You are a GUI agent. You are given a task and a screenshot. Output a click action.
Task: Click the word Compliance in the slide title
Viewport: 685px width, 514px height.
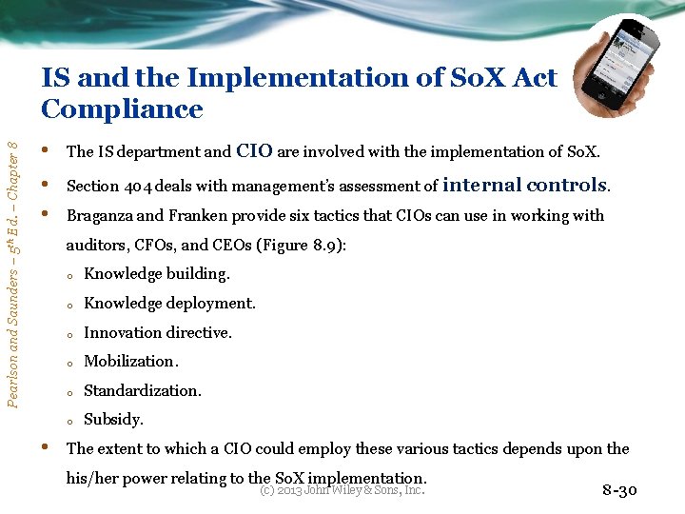[x=122, y=109]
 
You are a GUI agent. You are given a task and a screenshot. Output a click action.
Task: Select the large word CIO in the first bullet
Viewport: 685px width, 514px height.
[x=254, y=149]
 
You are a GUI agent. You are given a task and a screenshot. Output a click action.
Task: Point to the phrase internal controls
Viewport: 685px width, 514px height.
[x=525, y=185]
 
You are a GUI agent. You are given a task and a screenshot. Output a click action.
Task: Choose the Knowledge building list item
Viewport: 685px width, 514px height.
[x=156, y=274]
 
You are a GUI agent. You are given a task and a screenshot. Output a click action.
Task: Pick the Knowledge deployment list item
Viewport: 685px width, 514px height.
[x=169, y=304]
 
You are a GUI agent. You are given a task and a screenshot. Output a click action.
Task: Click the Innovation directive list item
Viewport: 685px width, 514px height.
[x=157, y=333]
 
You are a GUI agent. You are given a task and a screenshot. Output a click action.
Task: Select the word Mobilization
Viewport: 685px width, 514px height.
[x=130, y=362]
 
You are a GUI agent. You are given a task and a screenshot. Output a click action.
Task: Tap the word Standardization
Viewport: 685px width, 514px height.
[x=143, y=391]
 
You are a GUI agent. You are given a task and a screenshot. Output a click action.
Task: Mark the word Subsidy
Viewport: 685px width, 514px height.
[x=113, y=420]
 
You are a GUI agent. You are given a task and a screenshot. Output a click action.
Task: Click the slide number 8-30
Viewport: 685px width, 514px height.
[x=620, y=491]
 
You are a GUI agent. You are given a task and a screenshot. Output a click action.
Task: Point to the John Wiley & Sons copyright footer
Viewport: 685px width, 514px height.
[x=342, y=490]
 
